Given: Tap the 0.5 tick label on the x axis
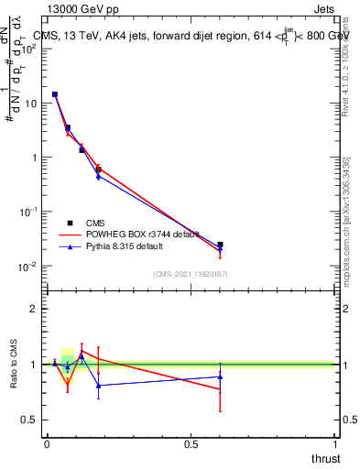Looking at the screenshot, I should [x=191, y=443].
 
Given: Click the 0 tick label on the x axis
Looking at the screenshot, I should [x=47, y=443].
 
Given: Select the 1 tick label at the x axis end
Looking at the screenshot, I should [x=335, y=443].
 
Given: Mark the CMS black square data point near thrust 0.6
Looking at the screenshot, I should [x=220, y=245].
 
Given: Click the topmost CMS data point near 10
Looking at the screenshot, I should [x=55, y=94].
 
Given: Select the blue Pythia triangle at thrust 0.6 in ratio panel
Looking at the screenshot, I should [x=220, y=376].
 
